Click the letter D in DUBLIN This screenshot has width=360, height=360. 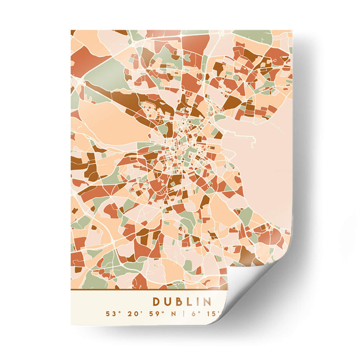[156, 301]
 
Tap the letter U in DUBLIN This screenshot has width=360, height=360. [168, 301]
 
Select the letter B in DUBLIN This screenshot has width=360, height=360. [179, 301]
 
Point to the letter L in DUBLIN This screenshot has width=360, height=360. [189, 301]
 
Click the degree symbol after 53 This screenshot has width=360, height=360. [116, 312]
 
